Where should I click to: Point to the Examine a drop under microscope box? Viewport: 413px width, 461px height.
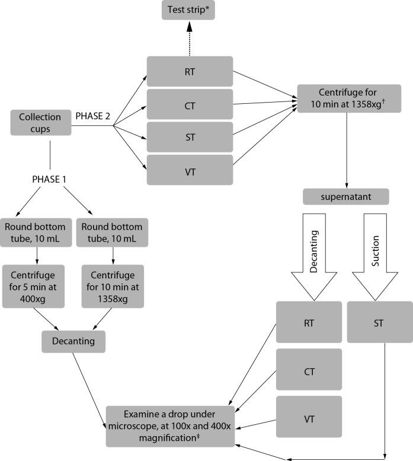[x=171, y=426]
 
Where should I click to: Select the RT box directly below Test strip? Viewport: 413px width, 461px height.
[x=190, y=71]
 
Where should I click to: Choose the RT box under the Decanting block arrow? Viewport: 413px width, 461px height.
[x=309, y=322]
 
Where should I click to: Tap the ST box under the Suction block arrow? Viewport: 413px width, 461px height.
[x=379, y=322]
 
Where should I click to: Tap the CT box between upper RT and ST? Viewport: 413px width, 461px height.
[x=190, y=104]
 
